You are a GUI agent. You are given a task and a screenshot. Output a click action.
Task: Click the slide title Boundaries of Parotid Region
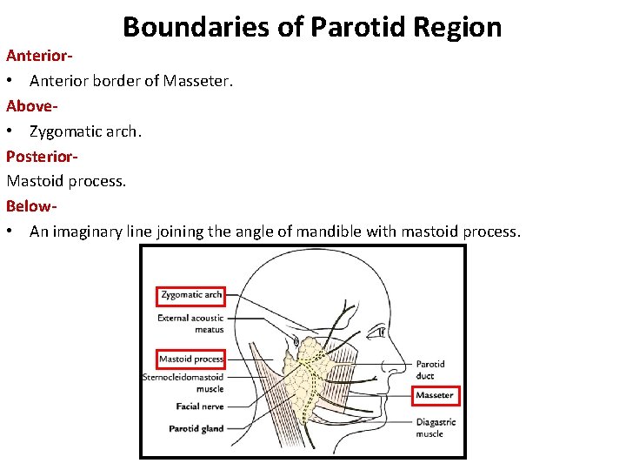coord(312,27)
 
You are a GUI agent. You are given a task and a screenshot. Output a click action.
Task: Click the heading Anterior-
coord(39,56)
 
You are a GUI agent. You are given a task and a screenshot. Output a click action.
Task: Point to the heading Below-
coord(32,206)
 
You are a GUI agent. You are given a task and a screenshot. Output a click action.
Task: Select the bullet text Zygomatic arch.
coord(85,131)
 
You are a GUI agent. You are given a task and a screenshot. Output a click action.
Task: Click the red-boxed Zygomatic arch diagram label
coord(191,295)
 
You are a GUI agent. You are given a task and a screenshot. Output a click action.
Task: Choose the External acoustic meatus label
coord(190,324)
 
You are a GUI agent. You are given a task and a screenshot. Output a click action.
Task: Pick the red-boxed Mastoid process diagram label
coord(191,359)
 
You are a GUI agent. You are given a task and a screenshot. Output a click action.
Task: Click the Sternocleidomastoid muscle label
coord(183,382)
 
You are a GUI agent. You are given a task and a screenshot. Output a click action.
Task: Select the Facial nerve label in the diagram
coord(200,406)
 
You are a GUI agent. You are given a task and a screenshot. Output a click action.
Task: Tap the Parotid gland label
coord(196,428)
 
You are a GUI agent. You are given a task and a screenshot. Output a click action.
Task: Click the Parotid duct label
coord(430,370)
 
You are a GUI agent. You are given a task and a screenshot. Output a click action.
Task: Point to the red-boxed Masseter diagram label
coord(434,395)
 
